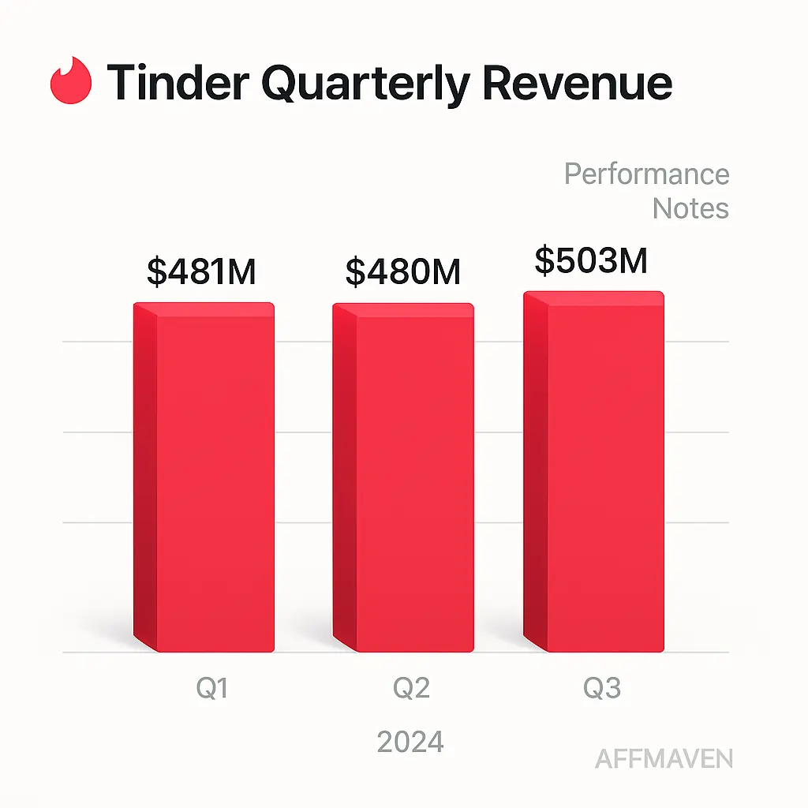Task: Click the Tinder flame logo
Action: tap(71, 80)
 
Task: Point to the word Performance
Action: tap(646, 174)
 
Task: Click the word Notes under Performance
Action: tap(690, 208)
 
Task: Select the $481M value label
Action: tap(202, 271)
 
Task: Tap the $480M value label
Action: tap(403, 271)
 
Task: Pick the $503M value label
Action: tap(591, 260)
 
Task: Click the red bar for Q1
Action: tap(215, 481)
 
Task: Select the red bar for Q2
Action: tap(414, 481)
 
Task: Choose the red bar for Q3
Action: tap(604, 473)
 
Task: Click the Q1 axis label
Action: tap(212, 689)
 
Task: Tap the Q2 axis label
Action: tap(411, 689)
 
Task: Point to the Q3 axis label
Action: tap(602, 689)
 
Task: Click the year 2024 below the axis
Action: tap(410, 742)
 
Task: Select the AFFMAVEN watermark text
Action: tap(664, 759)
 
